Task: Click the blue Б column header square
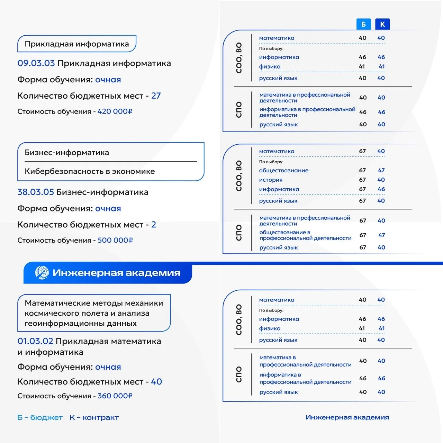coord(363,24)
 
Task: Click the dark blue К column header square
coord(382,24)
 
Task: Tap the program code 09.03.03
coord(36,63)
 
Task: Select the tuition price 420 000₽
coord(115,111)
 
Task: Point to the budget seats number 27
coord(156,96)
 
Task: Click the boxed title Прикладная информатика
coord(76,44)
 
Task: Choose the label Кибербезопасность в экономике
coord(90,171)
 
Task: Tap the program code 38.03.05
coord(36,192)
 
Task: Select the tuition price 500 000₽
coord(115,240)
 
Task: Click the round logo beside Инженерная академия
coord(42,273)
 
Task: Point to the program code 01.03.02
coord(35,341)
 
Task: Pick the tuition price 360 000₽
coord(115,396)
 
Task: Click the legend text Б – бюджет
coord(40,418)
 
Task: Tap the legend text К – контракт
coord(94,418)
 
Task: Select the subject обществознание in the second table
coord(283,170)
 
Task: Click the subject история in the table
coord(271,180)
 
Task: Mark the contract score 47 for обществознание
coord(381,170)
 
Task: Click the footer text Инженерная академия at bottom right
coord(347,417)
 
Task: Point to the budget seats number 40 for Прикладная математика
coord(156,382)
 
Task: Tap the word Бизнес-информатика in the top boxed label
coord(67,153)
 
